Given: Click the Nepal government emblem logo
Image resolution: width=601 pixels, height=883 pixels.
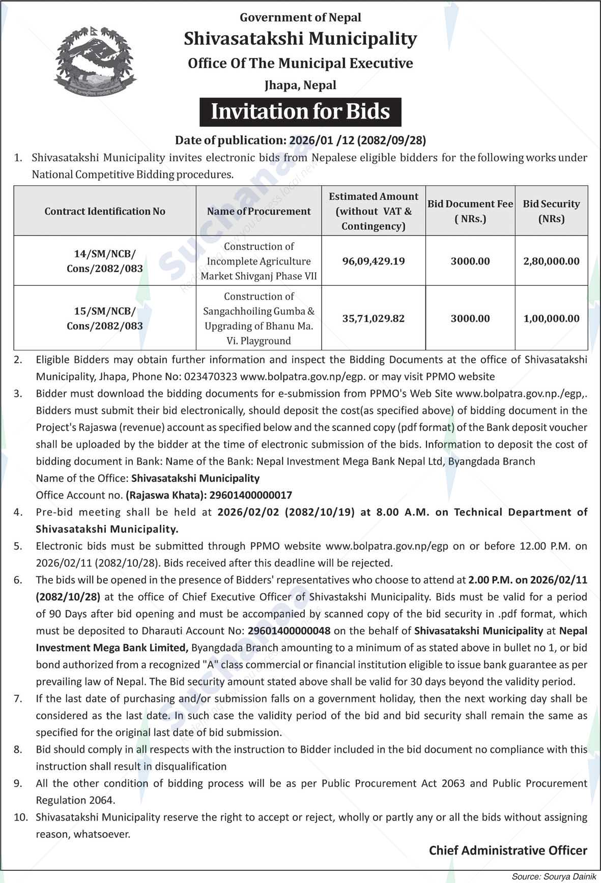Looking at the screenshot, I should (95, 60).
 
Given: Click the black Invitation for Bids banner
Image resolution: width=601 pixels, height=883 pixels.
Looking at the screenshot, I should (300, 112).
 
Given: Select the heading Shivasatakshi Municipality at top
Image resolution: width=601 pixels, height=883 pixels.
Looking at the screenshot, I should (300, 39).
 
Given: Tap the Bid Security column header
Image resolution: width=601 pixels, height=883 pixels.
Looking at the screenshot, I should (551, 211).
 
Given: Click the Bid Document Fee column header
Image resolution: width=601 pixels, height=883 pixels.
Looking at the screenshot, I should (470, 211).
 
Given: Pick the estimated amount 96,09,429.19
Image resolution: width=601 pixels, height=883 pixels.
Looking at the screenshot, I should (374, 261).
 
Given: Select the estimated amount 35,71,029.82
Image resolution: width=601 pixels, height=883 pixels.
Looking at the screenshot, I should (374, 318).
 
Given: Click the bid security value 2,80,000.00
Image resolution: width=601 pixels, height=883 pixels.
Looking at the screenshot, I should (551, 261).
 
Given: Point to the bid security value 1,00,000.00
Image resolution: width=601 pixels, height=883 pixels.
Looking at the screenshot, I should (551, 318).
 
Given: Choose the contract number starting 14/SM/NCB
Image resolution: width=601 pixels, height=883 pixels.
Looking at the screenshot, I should (105, 261).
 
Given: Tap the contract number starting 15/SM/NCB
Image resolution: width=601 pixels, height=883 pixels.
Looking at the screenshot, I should (105, 318).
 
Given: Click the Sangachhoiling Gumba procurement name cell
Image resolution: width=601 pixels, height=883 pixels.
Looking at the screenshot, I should (259, 318).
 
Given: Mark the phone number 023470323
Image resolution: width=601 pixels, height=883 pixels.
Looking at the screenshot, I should (212, 377).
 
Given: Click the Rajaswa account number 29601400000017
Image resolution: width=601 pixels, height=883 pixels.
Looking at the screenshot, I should (251, 495).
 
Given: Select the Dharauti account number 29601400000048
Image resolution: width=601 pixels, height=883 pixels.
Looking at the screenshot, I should (289, 631).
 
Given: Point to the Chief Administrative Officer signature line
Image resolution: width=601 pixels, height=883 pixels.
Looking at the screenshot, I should (508, 850).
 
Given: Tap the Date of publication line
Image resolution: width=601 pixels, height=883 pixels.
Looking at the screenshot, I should (300, 140).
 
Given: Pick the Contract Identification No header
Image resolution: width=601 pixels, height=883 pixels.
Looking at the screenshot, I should (105, 211).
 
